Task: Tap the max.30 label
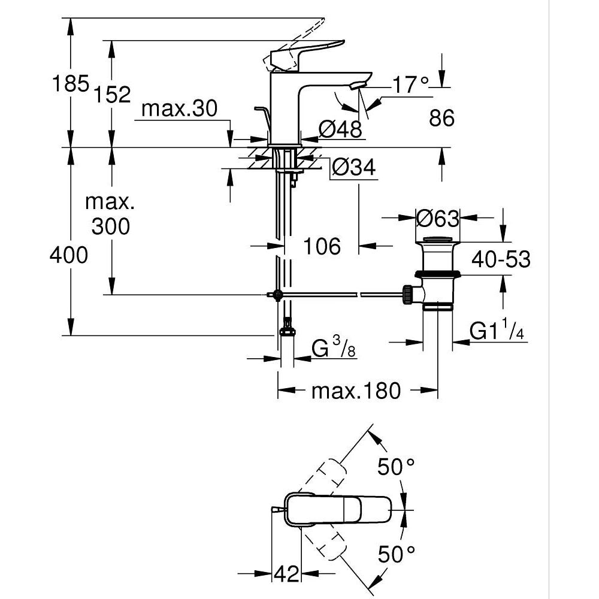180,108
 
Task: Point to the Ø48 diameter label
340,129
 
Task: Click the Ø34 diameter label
353,168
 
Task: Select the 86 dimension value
442,119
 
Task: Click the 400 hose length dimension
68,255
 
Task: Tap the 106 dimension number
322,246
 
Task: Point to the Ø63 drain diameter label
438,218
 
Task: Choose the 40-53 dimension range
501,259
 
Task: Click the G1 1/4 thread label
497,331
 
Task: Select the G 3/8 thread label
334,348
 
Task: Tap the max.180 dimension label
356,391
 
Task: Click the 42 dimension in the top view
286,573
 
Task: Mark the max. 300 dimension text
110,214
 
